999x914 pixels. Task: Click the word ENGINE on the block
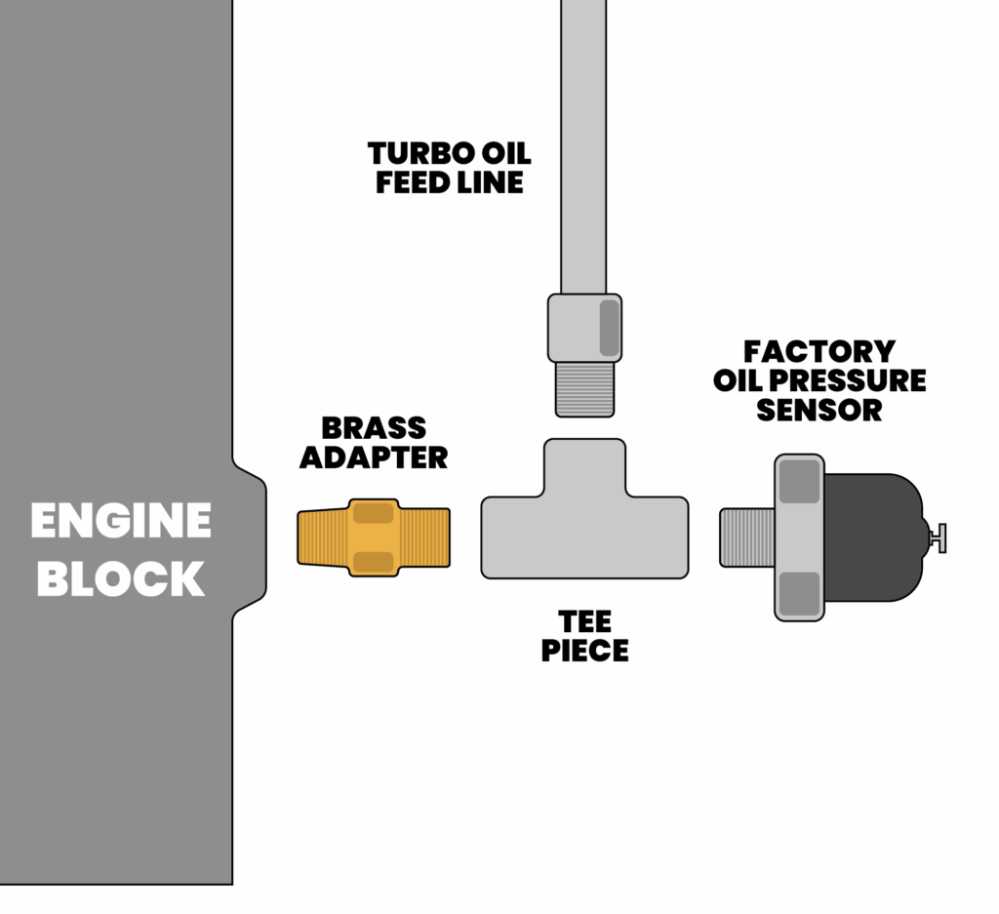coord(120,521)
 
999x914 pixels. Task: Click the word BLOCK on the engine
coord(120,578)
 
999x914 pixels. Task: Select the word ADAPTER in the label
coord(374,457)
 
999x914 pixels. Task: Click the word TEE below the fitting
coord(584,621)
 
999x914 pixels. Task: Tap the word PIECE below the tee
coord(584,650)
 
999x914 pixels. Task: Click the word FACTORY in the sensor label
coord(819,351)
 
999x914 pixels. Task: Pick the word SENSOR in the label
coord(819,410)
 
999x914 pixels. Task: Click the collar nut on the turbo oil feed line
coord(584,328)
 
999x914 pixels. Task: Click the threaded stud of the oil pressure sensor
coord(746,536)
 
